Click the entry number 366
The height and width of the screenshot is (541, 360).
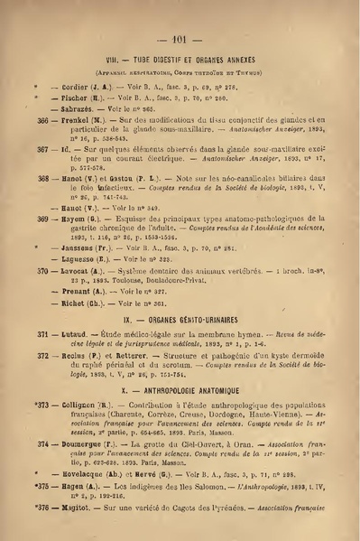pyautogui.click(x=41, y=118)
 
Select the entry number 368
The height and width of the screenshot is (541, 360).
pyautogui.click(x=41, y=180)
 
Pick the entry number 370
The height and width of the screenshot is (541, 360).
pyautogui.click(x=41, y=270)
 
